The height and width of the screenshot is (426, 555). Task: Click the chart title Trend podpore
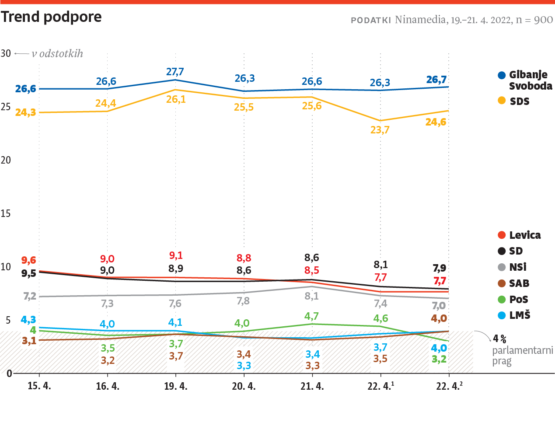click(51, 17)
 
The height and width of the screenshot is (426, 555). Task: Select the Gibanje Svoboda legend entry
click(525, 80)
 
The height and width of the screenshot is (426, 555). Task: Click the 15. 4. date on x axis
click(39, 386)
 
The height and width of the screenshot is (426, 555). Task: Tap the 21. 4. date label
click(312, 386)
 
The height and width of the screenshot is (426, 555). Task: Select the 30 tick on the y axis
click(6, 53)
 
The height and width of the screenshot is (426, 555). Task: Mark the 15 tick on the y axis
click(6, 213)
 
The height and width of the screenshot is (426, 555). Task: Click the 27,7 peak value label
click(175, 71)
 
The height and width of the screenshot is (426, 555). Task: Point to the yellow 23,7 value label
click(380, 130)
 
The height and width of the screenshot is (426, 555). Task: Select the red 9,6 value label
click(29, 260)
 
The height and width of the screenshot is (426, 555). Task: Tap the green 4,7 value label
click(312, 316)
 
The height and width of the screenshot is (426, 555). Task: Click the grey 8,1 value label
click(312, 296)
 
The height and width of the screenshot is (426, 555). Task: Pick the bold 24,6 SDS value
click(436, 122)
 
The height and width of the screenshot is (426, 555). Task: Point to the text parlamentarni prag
click(522, 356)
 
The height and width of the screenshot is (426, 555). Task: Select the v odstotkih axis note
click(57, 53)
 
